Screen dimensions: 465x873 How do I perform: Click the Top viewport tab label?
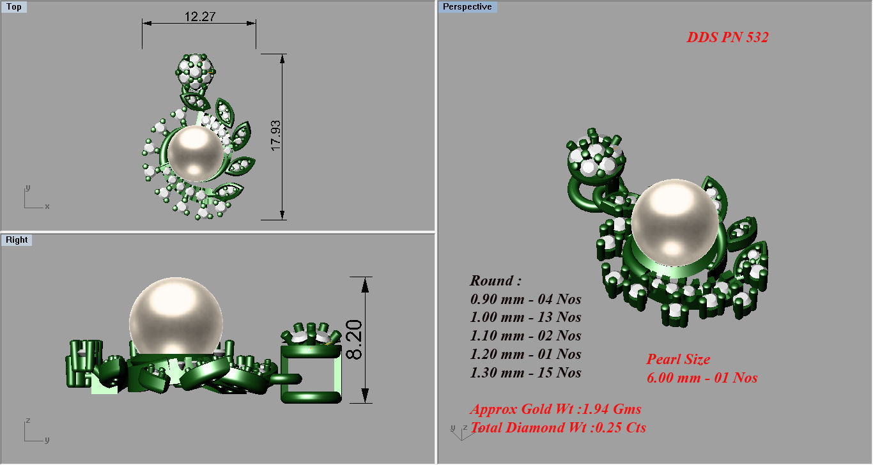13,7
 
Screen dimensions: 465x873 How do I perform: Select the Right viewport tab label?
17,240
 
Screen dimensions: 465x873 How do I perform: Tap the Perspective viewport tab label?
467,7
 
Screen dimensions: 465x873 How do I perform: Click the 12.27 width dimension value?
200,17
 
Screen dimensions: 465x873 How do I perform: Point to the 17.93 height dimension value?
276,136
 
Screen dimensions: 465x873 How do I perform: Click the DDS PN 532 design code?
727,38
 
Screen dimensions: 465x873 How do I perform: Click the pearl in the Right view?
176,316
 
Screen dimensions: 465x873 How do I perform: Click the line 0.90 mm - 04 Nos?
525,299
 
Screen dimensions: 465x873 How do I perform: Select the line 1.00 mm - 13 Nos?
525,317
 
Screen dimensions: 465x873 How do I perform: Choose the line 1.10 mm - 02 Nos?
525,336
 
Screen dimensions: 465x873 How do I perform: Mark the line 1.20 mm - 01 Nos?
525,354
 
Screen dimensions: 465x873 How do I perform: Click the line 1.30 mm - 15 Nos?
525,373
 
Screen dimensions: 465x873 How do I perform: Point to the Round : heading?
495,280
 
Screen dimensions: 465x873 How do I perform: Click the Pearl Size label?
678,360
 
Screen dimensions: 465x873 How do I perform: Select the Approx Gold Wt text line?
555,409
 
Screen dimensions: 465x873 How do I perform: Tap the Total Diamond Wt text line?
558,428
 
